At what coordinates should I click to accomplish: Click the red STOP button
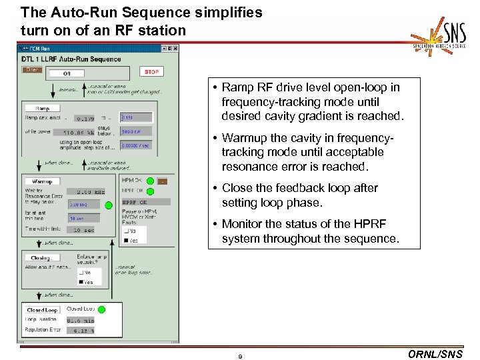[152, 71]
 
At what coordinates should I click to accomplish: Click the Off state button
[67, 73]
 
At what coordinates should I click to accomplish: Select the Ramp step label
[43, 107]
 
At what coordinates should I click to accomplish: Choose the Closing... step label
[42, 257]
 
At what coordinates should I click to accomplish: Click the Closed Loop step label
[42, 310]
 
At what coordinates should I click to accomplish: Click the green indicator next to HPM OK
[150, 181]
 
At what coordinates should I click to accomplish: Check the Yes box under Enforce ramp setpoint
[82, 282]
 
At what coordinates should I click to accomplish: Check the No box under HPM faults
[126, 231]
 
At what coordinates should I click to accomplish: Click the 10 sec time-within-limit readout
[83, 230]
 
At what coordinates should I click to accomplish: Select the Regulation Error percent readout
[83, 330]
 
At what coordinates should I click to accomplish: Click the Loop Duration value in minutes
[83, 320]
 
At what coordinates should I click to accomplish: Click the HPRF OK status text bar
[145, 202]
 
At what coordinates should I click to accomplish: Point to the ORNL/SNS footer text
[434, 354]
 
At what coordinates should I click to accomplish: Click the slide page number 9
[240, 356]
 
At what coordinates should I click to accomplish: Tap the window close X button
[175, 48]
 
